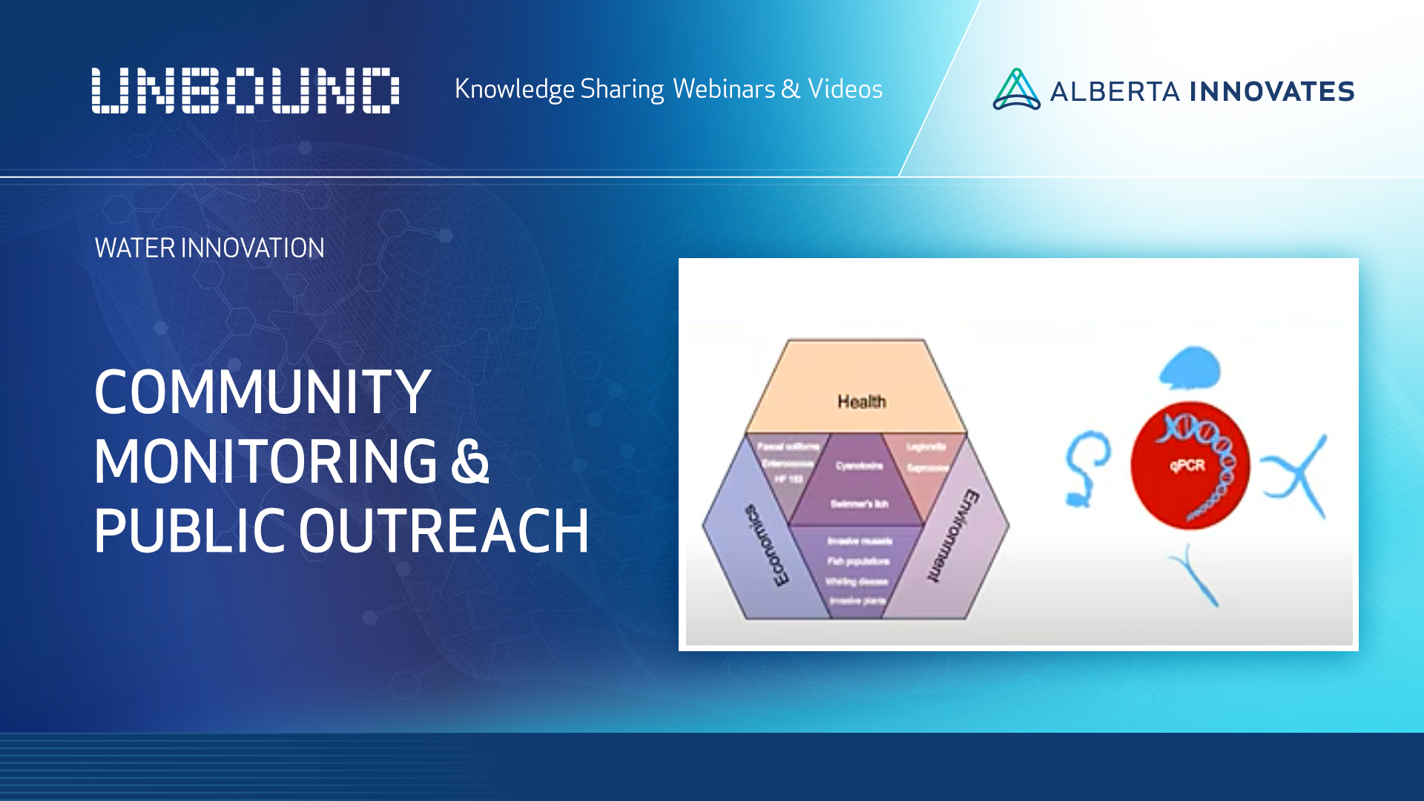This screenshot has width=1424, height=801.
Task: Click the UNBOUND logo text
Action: (245, 90)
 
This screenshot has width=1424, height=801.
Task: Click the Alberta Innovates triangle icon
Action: (1016, 90)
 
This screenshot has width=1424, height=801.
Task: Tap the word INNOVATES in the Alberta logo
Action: (1272, 92)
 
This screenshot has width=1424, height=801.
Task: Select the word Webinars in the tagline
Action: (724, 89)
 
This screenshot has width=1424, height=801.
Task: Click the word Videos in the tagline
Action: (845, 89)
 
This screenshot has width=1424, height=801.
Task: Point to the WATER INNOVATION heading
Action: (209, 248)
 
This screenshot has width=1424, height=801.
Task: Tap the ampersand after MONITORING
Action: (470, 461)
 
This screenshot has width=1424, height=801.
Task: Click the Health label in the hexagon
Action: (862, 402)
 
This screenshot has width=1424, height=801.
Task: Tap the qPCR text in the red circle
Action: (1187, 466)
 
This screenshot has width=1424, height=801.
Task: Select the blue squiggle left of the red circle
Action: (1086, 467)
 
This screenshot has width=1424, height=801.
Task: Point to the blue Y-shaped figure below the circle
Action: (1194, 575)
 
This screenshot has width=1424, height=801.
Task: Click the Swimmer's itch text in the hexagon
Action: (859, 504)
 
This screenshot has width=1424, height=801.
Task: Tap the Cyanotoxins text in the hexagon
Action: (859, 466)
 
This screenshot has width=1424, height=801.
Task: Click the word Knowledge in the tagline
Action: (514, 89)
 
